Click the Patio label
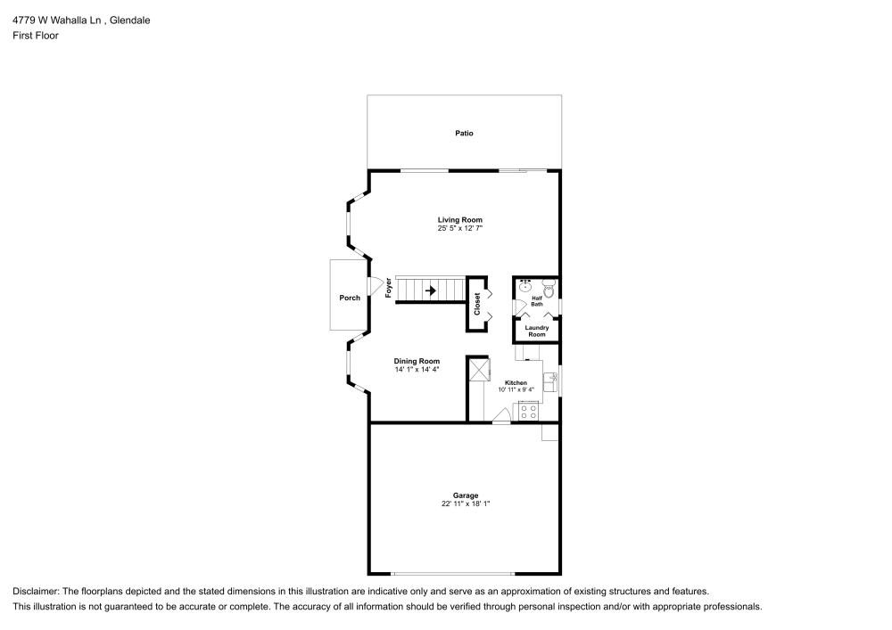pyautogui.click(x=464, y=133)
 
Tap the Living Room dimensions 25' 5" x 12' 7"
pyautogui.click(x=459, y=228)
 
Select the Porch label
pyautogui.click(x=350, y=298)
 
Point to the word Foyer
pyautogui.click(x=389, y=288)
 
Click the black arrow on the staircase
pyautogui.click(x=431, y=290)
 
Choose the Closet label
pyautogui.click(x=476, y=304)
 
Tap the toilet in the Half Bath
pyautogui.click(x=549, y=289)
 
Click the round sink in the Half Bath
pyautogui.click(x=525, y=286)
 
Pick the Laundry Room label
pyautogui.click(x=536, y=331)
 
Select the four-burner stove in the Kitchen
pyautogui.click(x=528, y=412)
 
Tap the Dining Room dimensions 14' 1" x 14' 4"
pyautogui.click(x=417, y=369)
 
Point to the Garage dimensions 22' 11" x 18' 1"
pyautogui.click(x=466, y=503)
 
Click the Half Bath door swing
pyautogui.click(x=519, y=306)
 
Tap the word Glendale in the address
pyautogui.click(x=129, y=20)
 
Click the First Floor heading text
pyautogui.click(x=36, y=36)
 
